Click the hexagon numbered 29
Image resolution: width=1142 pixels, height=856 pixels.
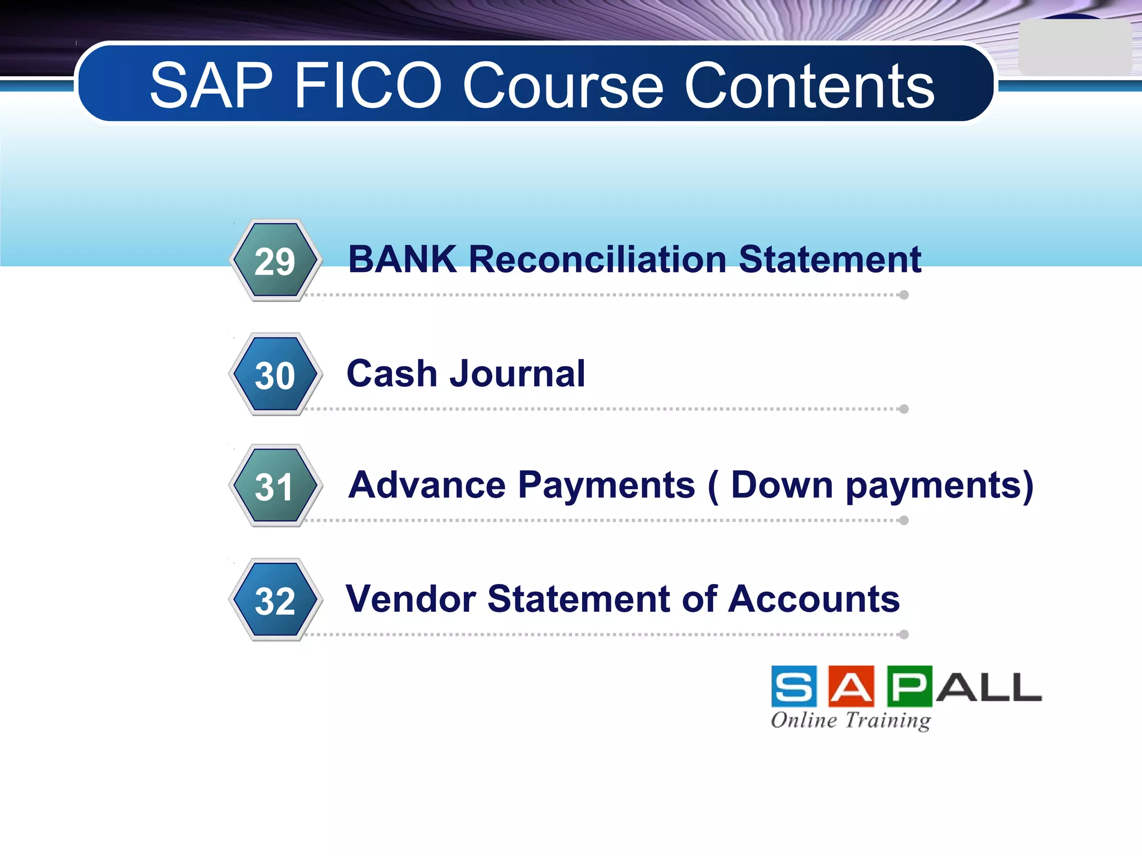(275, 260)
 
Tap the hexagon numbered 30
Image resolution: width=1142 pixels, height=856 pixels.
(275, 374)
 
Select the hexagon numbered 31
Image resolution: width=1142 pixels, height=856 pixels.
(275, 486)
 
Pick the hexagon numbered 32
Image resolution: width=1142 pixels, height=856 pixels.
(275, 600)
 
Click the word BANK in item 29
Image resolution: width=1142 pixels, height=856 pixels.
(402, 260)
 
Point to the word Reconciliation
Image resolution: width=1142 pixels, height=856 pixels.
(597, 260)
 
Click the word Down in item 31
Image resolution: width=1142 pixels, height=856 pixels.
(781, 485)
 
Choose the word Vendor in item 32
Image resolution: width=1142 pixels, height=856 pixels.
(410, 599)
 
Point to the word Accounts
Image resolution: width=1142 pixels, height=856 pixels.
(814, 599)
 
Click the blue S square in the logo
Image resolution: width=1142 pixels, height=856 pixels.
(794, 687)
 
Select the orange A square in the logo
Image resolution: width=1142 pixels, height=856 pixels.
(851, 687)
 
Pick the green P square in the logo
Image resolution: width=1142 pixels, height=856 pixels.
(909, 687)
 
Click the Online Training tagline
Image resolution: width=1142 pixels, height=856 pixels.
(851, 721)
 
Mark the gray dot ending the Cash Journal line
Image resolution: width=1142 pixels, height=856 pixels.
(904, 409)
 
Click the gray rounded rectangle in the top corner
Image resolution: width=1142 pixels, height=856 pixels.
(1074, 48)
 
